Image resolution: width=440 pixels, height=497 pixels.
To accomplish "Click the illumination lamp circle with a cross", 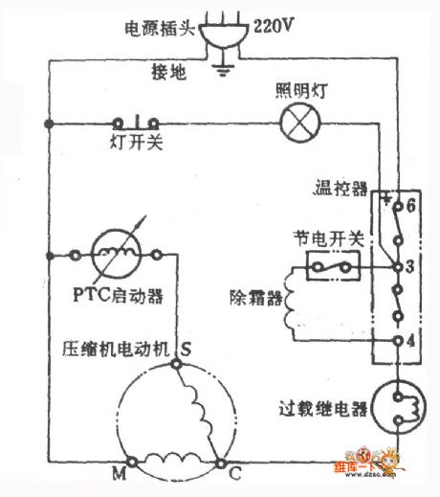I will (x=295, y=123).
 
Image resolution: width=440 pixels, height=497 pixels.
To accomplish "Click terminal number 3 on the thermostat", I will (x=408, y=265).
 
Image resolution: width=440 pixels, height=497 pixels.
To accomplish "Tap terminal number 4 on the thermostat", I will (x=408, y=339).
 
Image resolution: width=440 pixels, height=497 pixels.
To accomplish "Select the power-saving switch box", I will (x=331, y=267).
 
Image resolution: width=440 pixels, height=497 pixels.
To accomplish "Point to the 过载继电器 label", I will (x=331, y=411).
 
